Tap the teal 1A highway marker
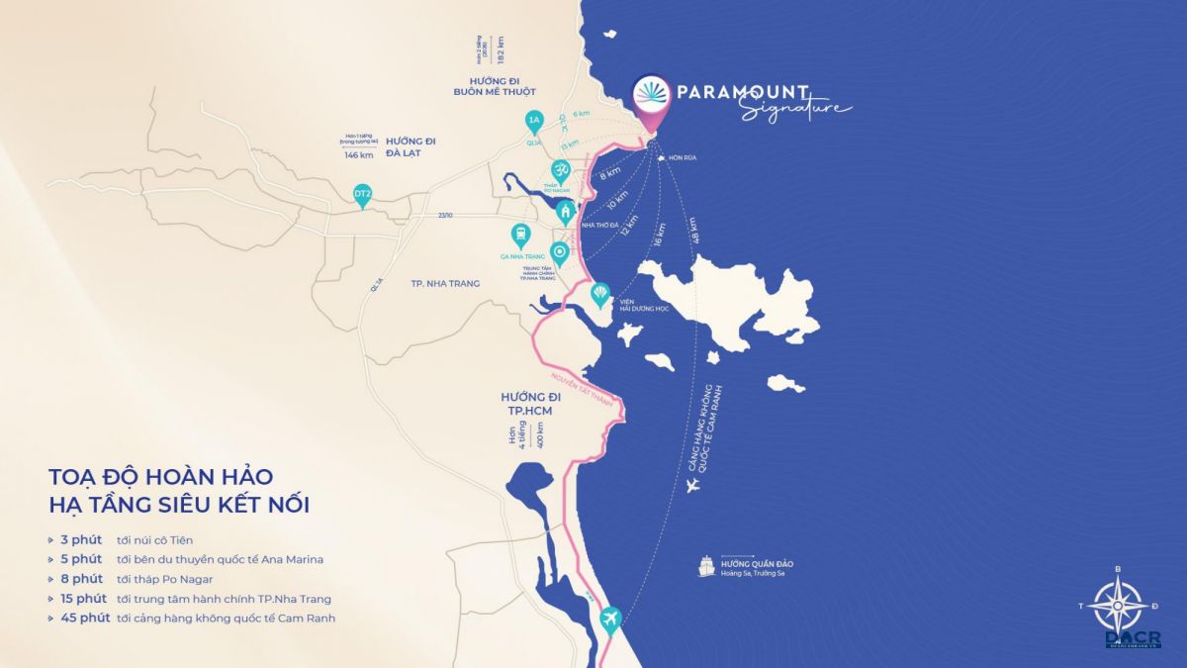pos(535,123)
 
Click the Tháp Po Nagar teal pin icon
pos(560,170)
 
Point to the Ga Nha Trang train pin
pos(518,236)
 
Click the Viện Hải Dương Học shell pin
pos(599,294)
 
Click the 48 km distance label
pos(698,231)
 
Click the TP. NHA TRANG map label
pos(445,283)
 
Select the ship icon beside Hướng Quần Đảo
pos(707,567)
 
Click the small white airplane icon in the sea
pos(692,484)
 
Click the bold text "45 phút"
pos(83,618)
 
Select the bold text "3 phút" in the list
pos(79,540)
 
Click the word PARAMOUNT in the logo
pos(743,92)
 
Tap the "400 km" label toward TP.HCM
pos(541,433)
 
